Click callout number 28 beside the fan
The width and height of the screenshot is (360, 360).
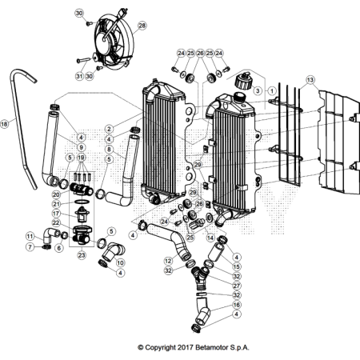click(x=142, y=26)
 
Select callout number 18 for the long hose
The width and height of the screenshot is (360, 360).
click(x=5, y=124)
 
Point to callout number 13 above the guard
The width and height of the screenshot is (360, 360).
click(x=310, y=80)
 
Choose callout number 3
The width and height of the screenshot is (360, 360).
click(x=258, y=92)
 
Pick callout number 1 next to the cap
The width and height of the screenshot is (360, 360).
click(x=272, y=92)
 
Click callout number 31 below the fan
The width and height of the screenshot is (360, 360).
click(x=78, y=76)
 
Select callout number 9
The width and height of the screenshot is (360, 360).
click(x=82, y=148)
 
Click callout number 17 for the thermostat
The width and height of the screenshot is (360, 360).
click(x=57, y=214)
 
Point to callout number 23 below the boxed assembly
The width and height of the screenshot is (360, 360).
click(x=82, y=255)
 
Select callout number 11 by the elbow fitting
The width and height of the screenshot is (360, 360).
click(x=30, y=236)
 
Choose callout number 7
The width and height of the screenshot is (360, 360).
click(x=30, y=246)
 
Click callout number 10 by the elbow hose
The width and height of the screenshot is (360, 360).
click(x=120, y=262)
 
